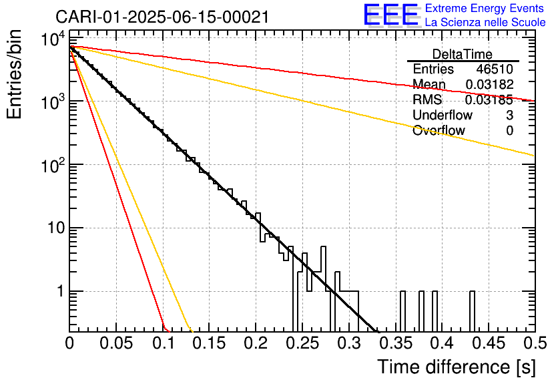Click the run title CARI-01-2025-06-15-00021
(x=162, y=17)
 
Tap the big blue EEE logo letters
(x=390, y=16)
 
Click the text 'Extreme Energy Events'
(x=485, y=9)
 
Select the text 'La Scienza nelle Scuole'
(x=485, y=23)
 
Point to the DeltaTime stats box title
(x=462, y=54)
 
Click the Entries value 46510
(x=495, y=69)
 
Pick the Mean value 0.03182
(x=489, y=85)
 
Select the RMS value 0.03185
(x=489, y=100)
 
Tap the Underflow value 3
(x=509, y=116)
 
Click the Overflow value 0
(x=509, y=131)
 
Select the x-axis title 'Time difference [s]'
(x=455, y=367)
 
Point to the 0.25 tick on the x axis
(x=302, y=344)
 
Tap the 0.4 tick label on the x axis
(x=442, y=344)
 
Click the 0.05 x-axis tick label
(x=116, y=344)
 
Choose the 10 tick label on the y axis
(x=49, y=228)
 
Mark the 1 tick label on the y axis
(x=59, y=292)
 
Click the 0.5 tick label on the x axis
(x=534, y=344)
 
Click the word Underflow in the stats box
(x=439, y=116)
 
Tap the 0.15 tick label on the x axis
(x=209, y=344)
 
